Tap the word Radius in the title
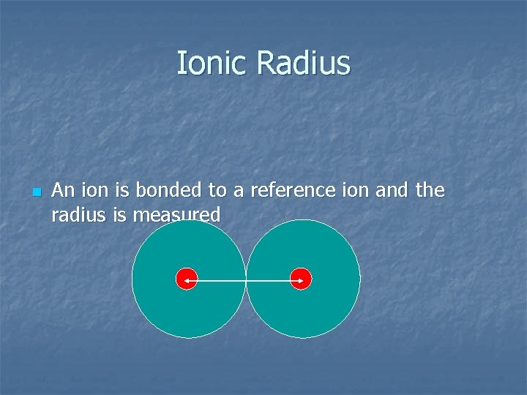304,63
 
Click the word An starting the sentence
64,191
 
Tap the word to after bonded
217,191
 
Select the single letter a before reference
239,192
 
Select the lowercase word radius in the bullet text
77,214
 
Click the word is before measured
116,214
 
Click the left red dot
187,279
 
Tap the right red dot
301,279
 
